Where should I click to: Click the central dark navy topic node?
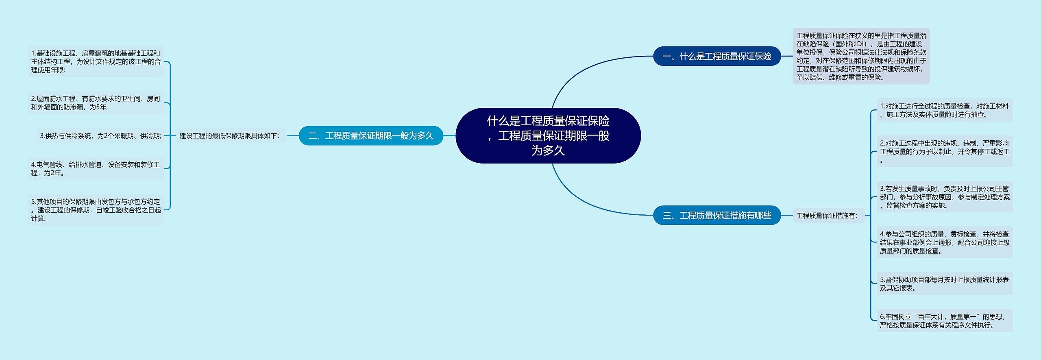pos(548,135)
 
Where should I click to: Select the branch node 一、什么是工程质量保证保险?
pos(717,56)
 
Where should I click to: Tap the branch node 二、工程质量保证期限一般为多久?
pos(370,135)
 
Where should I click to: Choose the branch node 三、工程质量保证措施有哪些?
pos(717,215)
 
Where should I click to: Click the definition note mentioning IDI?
pos(861,56)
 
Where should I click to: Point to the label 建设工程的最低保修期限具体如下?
pos(230,135)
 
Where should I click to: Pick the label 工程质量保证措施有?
pos(827,215)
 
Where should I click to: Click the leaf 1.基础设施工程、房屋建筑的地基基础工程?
pos(96,61)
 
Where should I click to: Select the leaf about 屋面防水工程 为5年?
pos(96,103)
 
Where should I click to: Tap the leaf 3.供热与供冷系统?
pos(100,135)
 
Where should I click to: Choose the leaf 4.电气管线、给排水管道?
pos(96,168)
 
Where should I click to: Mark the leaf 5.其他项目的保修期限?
pos(96,210)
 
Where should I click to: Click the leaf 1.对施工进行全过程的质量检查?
pos(944,110)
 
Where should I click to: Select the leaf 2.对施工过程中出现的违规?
pos(944,151)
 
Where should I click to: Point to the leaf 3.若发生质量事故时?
pos(944,197)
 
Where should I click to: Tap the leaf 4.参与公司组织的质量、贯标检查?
pos(944,242)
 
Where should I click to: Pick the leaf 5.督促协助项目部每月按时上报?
pos(944,284)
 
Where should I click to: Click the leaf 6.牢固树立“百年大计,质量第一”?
pos(944,321)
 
